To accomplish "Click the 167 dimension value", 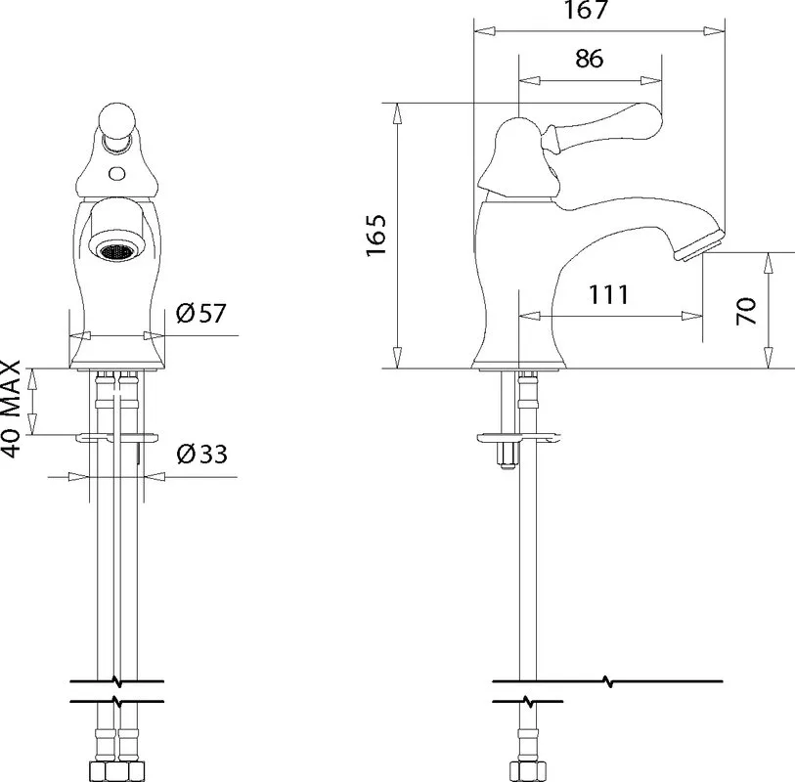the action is pos(586,9).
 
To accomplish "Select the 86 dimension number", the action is pos(589,59).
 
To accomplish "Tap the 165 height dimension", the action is pos(376,236).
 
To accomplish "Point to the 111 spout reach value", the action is pos(608,295).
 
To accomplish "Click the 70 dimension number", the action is pos(746,311).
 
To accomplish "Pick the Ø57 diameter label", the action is pos(200,313).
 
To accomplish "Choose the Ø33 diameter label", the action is pos(201,455).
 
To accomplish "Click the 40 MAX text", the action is pos(11,409).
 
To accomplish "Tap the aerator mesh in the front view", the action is pos(116,251).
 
